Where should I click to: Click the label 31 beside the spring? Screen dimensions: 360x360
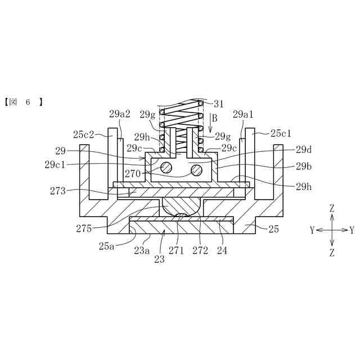coord(218,104)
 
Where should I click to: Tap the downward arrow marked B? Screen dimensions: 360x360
coord(210,123)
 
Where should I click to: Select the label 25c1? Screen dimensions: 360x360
coord(281,133)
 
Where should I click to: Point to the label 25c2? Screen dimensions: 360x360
coord(84,134)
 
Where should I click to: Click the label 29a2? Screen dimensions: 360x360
coord(120,114)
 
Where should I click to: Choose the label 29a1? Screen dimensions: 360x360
coord(243,114)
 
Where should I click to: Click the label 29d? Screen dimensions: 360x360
coord(304,150)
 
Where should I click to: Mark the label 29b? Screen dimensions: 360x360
coord(304,166)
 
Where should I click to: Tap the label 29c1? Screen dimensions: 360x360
coord(55,165)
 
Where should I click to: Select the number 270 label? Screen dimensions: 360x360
coord(133,174)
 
